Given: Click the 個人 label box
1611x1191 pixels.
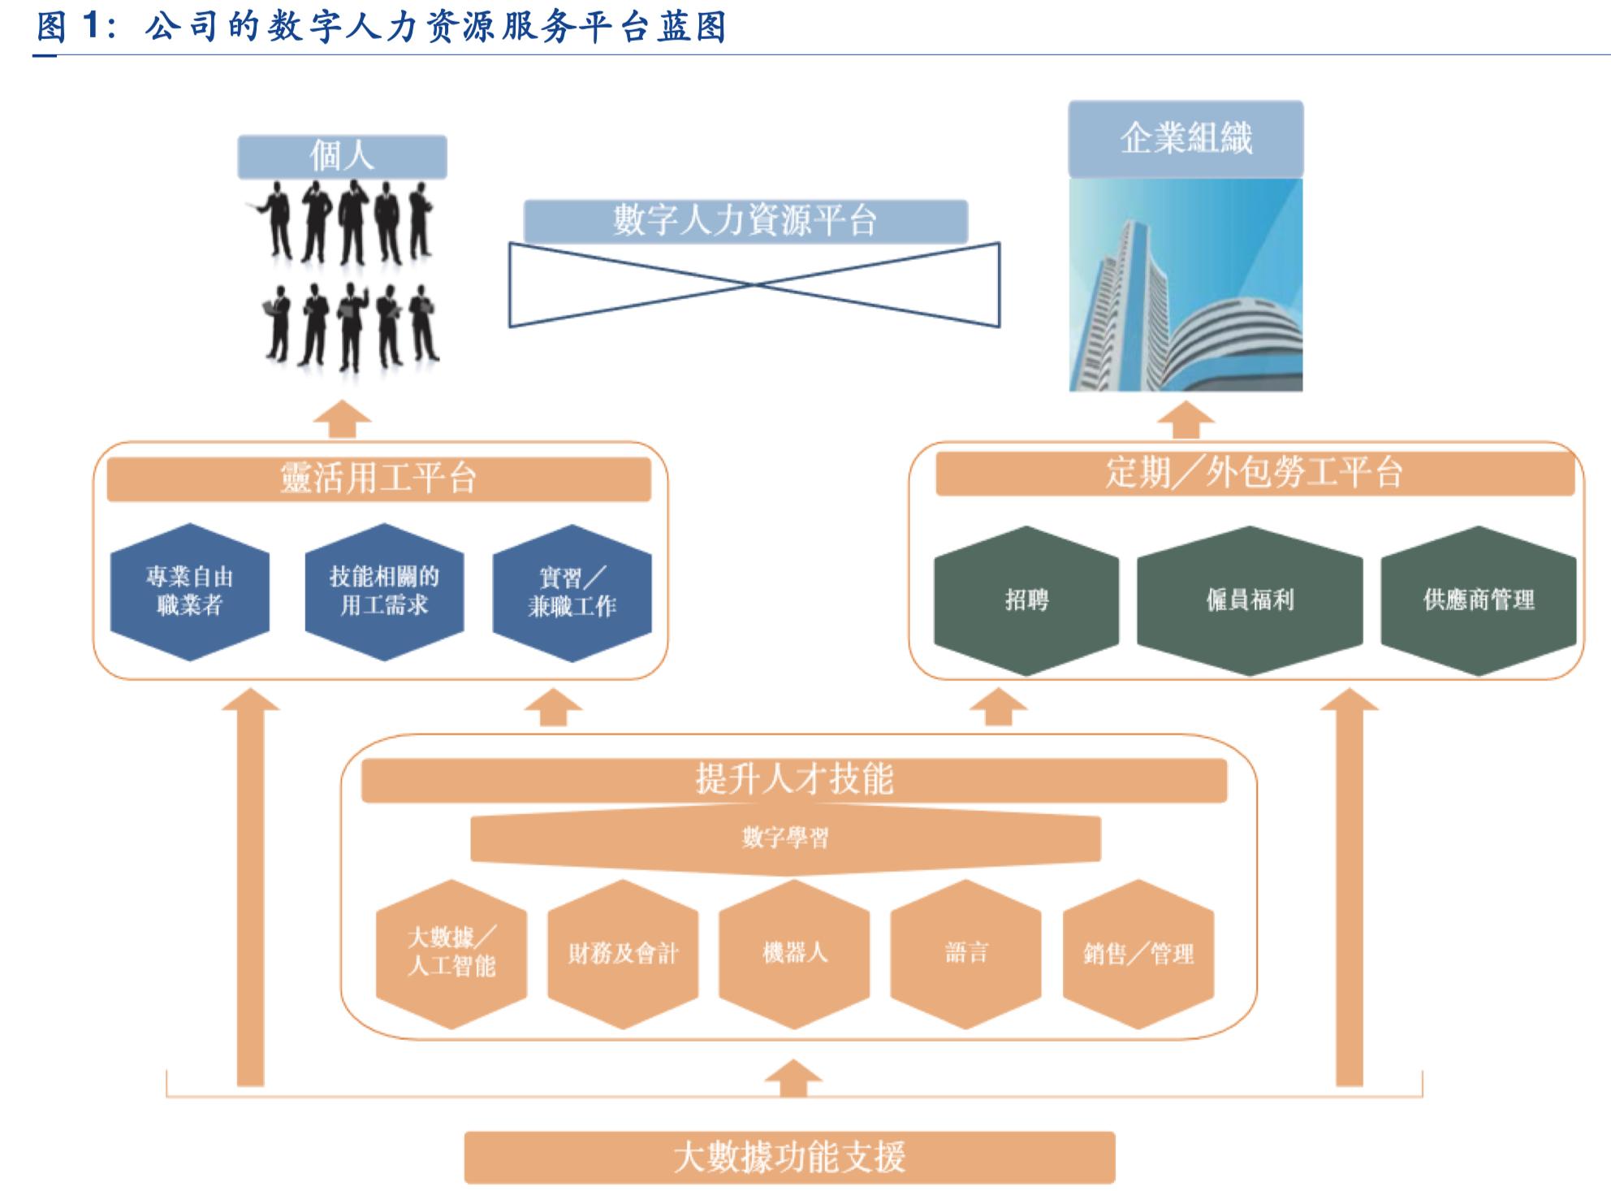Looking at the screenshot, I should pos(342,157).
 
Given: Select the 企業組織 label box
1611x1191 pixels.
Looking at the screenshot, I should pos(1186,139).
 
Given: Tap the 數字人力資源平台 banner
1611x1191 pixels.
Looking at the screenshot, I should pos(745,221).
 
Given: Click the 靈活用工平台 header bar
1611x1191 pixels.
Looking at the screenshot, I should pos(378,479).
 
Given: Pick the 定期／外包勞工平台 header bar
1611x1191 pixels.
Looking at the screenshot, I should pos(1255,473).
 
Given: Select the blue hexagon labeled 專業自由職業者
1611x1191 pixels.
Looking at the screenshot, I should pos(190,591).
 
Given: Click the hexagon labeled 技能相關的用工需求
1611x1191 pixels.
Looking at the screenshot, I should pos(384,591).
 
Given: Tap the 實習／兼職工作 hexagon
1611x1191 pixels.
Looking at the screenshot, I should pos(572,592).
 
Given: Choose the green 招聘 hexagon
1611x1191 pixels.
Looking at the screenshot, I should pos(1026,600).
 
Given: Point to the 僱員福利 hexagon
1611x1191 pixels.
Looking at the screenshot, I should pos(1250,600).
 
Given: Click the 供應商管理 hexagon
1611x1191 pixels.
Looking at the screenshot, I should pos(1479,600).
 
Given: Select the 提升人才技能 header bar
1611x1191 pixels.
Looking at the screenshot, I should pos(794,780).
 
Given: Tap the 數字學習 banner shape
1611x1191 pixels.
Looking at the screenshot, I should pos(785,839).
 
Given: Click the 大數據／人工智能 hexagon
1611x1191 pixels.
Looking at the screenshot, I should pos(451,953).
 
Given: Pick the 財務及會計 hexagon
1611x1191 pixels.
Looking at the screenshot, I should pos(623,953).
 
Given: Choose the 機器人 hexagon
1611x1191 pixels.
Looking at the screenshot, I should pos(794,953).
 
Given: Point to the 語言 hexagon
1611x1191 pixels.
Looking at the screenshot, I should pos(966,953).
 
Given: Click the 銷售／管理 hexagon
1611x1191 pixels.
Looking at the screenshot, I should pos(1138,953).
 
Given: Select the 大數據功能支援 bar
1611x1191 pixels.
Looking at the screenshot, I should pos(789,1157).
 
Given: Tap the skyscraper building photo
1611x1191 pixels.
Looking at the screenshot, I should pos(1186,284).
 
